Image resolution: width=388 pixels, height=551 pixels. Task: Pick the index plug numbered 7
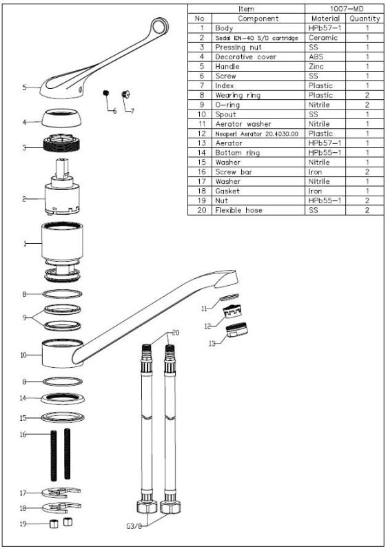pyautogui.click(x=125, y=96)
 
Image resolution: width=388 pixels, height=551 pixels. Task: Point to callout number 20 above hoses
pyautogui.click(x=176, y=333)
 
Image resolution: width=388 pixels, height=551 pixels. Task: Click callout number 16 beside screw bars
pyautogui.click(x=23, y=435)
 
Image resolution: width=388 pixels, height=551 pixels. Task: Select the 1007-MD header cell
pyautogui.click(x=344, y=9)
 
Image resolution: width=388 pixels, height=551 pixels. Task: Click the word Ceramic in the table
pyautogui.click(x=323, y=38)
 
